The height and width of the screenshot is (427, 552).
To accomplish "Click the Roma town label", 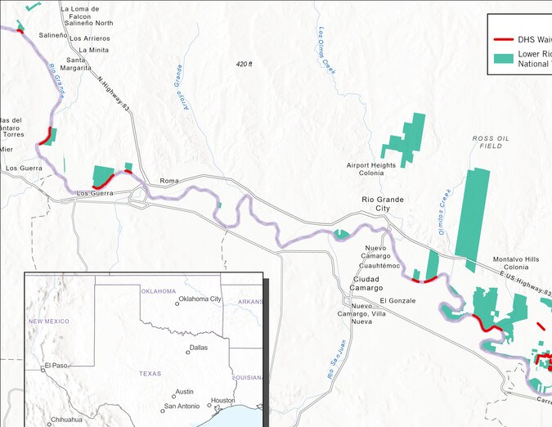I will pyautogui.click(x=168, y=180).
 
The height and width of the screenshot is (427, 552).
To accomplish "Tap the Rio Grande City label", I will pyautogui.click(x=383, y=204).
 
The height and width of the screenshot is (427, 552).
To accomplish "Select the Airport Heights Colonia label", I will pyautogui.click(x=371, y=169).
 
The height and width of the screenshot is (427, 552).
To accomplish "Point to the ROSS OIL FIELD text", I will pyautogui.click(x=491, y=142).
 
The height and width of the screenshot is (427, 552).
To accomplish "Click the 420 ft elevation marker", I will pyautogui.click(x=244, y=64).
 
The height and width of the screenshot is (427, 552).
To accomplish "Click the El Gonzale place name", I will pyautogui.click(x=397, y=301).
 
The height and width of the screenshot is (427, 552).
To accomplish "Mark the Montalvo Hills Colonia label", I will pyautogui.click(x=516, y=263).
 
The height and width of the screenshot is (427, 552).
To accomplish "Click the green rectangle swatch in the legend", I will pyautogui.click(x=504, y=58).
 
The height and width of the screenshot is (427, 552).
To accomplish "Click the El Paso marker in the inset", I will pyautogui.click(x=43, y=369).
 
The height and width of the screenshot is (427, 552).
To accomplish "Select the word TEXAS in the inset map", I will pyautogui.click(x=150, y=373).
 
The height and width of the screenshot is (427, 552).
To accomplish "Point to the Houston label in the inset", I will pyautogui.click(x=222, y=401).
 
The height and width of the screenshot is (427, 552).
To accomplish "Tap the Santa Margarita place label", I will pyautogui.click(x=78, y=64).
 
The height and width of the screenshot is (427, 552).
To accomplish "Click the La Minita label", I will pyautogui.click(x=94, y=50).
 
